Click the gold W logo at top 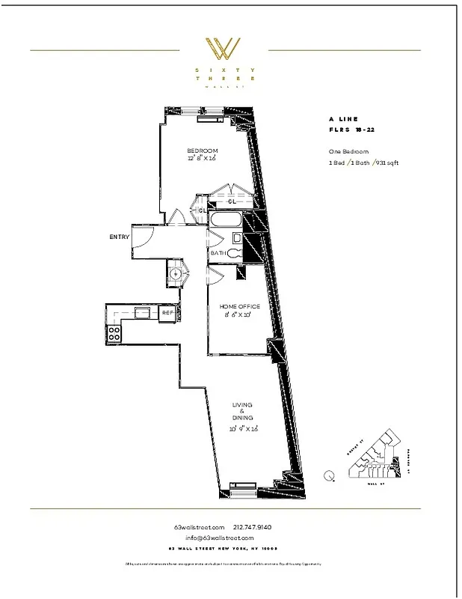tap(223, 49)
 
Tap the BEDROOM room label tap(202, 150)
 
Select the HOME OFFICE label tap(240, 307)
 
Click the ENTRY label tap(119, 237)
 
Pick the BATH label tap(218, 253)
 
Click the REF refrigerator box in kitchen tap(167, 312)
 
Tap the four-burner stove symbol tap(116, 333)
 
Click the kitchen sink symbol tap(141, 311)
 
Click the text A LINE tap(343, 119)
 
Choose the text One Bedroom tap(339, 151)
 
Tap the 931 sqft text tap(387, 162)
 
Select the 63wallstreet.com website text tap(193, 527)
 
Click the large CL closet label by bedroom tap(232, 201)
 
